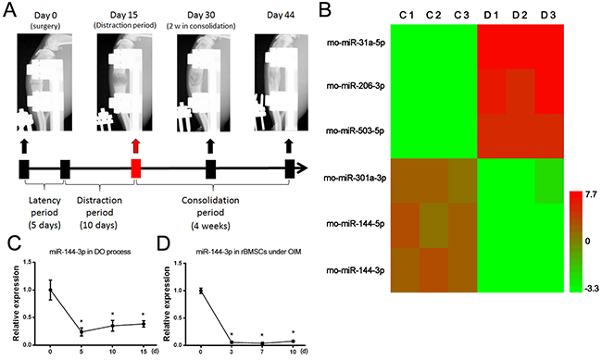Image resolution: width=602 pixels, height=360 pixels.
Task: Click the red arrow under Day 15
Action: pyautogui.click(x=136, y=146)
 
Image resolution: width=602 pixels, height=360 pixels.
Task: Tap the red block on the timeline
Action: pyautogui.click(x=136, y=168)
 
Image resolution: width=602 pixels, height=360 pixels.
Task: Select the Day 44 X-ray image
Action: pyautogui.click(x=282, y=82)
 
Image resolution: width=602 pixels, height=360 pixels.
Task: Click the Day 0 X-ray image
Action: pyautogui.click(x=44, y=82)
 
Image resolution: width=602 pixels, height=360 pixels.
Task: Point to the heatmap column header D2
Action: pyautogui.click(x=520, y=16)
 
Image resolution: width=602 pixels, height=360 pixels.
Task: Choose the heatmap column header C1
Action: pyautogui.click(x=407, y=16)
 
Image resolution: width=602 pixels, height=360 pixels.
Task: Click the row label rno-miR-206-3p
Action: pyautogui.click(x=356, y=86)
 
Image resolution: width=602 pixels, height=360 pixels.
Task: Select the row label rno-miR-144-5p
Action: pyautogui.click(x=356, y=223)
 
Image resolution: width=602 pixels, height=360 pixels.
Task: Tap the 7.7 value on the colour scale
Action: pyautogui.click(x=591, y=195)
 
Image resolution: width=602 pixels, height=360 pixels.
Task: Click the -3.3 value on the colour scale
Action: pyautogui.click(x=592, y=289)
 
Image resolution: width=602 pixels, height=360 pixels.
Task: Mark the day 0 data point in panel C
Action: pyautogui.click(x=50, y=290)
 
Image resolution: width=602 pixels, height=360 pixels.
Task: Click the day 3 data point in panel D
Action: pyautogui.click(x=232, y=342)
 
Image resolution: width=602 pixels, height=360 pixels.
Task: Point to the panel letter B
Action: pyautogui.click(x=325, y=10)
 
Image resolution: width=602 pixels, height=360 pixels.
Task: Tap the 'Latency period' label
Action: pyautogui.click(x=44, y=206)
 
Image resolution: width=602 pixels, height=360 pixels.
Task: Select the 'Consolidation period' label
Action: pyautogui.click(x=210, y=206)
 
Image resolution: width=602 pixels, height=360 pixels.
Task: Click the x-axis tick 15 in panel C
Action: pyautogui.click(x=144, y=351)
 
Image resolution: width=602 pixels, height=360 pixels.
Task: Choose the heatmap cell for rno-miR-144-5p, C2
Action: pyautogui.click(x=433, y=226)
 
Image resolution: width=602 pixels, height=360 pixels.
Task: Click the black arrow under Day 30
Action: pyautogui.click(x=210, y=146)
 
